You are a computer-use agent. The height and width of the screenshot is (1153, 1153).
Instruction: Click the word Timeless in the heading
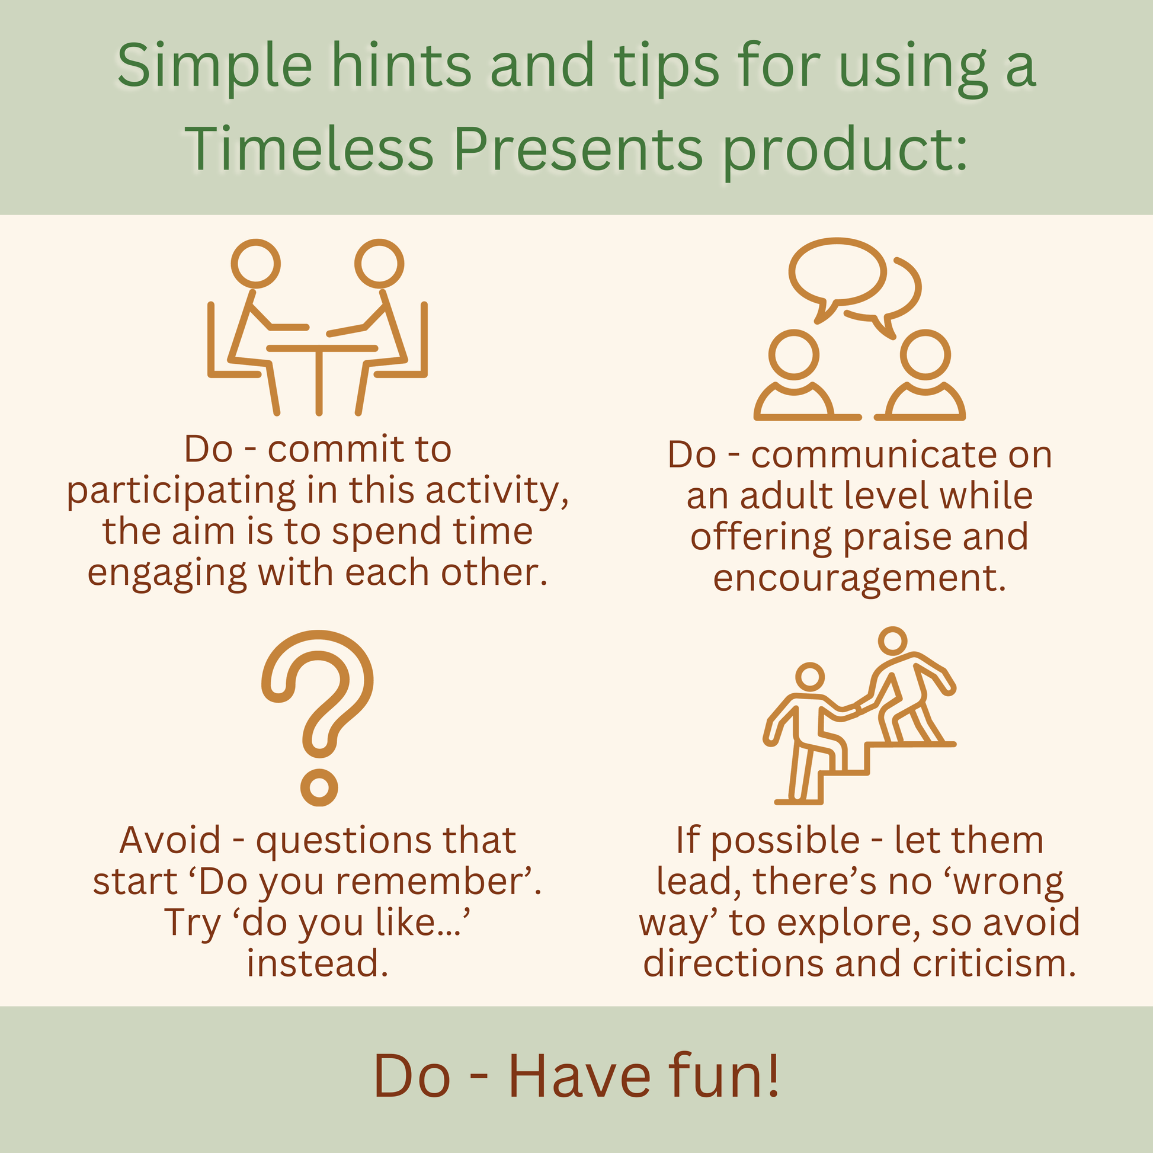click(309, 149)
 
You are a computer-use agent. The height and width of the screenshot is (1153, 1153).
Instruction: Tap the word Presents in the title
click(578, 149)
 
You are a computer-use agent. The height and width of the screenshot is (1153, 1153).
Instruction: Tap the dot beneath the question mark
click(319, 787)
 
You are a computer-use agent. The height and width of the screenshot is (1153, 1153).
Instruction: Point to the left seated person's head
click(255, 263)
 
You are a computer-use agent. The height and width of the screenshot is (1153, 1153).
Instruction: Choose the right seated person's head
click(379, 263)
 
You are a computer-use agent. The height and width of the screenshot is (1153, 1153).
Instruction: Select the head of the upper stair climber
click(893, 641)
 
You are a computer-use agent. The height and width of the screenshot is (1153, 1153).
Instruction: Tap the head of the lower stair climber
click(810, 677)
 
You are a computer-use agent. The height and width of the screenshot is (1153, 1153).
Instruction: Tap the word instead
click(318, 963)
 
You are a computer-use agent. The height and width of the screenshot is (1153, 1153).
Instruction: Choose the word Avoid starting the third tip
click(170, 840)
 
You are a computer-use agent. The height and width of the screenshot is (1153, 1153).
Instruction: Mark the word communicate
click(875, 456)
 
